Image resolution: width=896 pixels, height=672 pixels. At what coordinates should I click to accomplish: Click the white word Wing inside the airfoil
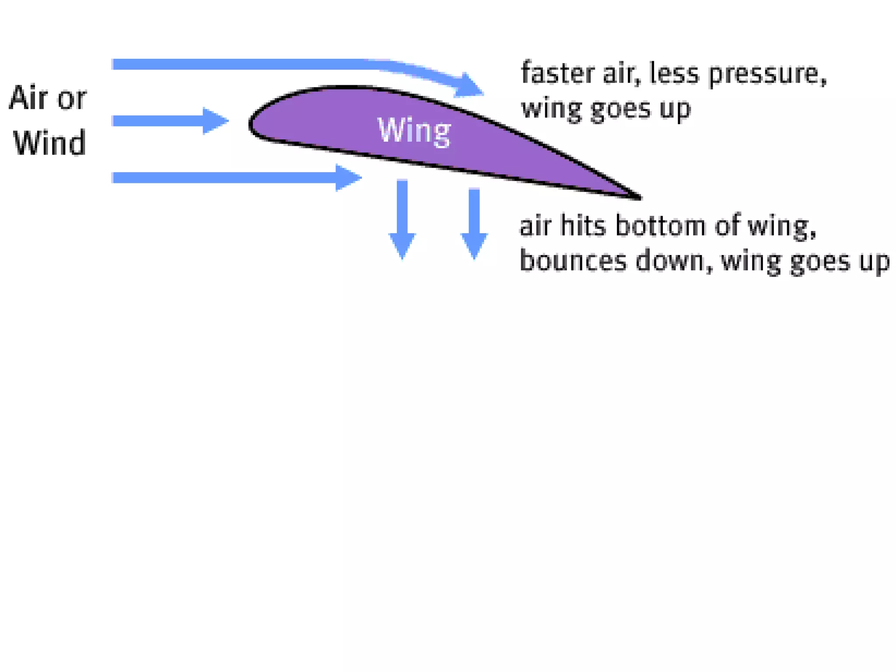[414, 130]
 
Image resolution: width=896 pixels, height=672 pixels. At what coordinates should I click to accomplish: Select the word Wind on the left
[49, 143]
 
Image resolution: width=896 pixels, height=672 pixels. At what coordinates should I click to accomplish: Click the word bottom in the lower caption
[661, 226]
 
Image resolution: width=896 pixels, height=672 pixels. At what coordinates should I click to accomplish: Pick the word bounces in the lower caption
[573, 261]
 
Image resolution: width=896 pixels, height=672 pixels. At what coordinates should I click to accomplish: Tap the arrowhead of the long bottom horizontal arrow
[348, 178]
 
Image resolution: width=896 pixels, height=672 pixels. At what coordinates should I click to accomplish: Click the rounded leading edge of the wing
[251, 124]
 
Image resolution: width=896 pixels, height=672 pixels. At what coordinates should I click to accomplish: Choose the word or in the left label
[72, 98]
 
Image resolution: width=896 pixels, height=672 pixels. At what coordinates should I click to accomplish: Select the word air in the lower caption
[535, 227]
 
